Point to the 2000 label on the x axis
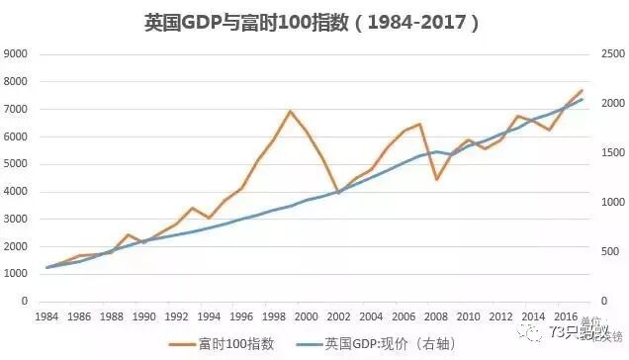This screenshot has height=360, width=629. point(306,316)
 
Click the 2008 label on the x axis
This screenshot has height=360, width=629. point(435,316)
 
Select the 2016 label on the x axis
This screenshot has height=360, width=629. point(565,316)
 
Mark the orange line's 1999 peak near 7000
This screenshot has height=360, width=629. point(290,111)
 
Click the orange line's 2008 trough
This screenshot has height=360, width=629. point(436,179)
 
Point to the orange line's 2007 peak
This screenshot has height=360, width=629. point(420,125)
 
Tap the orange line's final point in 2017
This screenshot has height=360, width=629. point(582,90)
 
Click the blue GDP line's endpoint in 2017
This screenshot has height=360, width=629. point(582,99)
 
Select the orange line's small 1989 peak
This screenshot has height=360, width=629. point(128,234)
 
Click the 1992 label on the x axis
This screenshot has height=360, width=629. point(176,316)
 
